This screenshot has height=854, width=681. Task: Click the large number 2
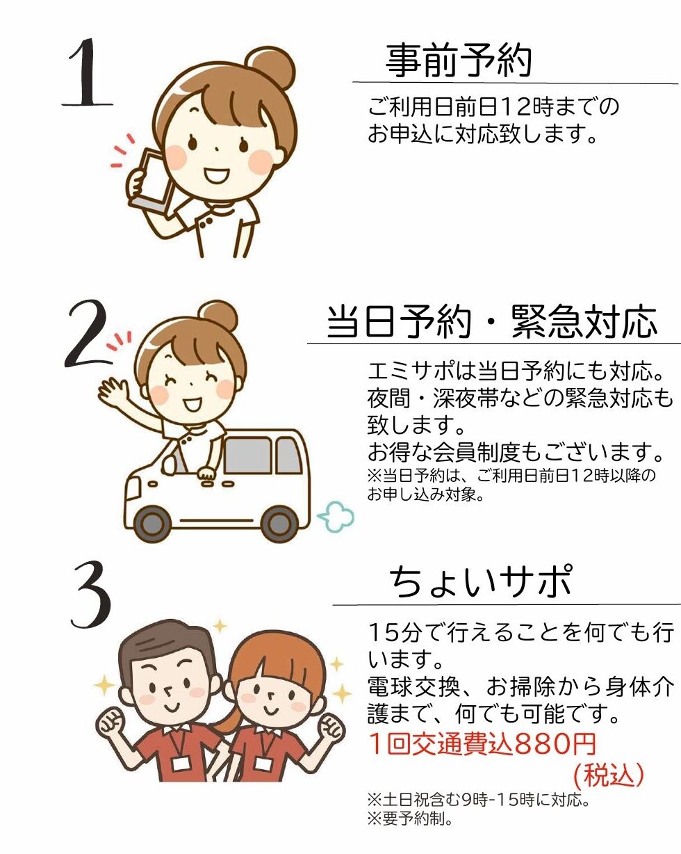point(88,334)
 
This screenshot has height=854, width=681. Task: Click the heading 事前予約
point(459,61)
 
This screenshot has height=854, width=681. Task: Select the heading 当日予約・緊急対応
point(492,322)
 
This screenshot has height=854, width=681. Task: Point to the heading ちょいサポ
point(481,582)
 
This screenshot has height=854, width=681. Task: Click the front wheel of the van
point(153,523)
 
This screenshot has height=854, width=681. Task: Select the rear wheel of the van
point(279,523)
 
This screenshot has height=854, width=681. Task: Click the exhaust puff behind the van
point(336,516)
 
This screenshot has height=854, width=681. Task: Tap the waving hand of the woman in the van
point(113,392)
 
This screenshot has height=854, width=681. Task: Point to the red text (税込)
point(609,774)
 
